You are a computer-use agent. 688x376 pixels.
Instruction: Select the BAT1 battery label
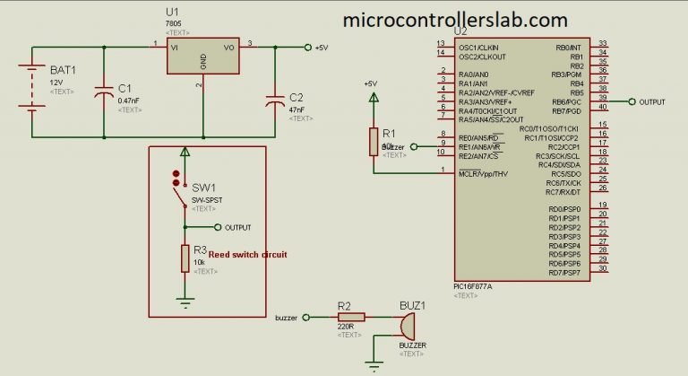click(x=63, y=69)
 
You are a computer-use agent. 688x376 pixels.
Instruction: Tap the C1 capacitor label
click(x=125, y=88)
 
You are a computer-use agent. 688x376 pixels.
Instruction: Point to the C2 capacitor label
click(x=297, y=96)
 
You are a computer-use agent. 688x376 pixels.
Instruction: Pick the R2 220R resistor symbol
click(x=346, y=316)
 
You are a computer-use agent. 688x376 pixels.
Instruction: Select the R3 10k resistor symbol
click(x=185, y=258)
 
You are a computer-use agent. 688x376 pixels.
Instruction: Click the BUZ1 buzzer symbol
click(x=408, y=324)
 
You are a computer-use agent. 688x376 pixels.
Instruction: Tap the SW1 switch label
click(x=203, y=187)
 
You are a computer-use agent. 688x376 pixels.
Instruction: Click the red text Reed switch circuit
click(x=247, y=255)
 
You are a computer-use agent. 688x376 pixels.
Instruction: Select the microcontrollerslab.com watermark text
click(x=455, y=19)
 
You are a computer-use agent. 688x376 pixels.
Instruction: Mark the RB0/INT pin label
click(x=569, y=46)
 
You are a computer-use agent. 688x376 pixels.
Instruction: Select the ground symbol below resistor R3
click(x=185, y=302)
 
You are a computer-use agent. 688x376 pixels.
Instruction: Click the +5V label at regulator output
click(x=322, y=47)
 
